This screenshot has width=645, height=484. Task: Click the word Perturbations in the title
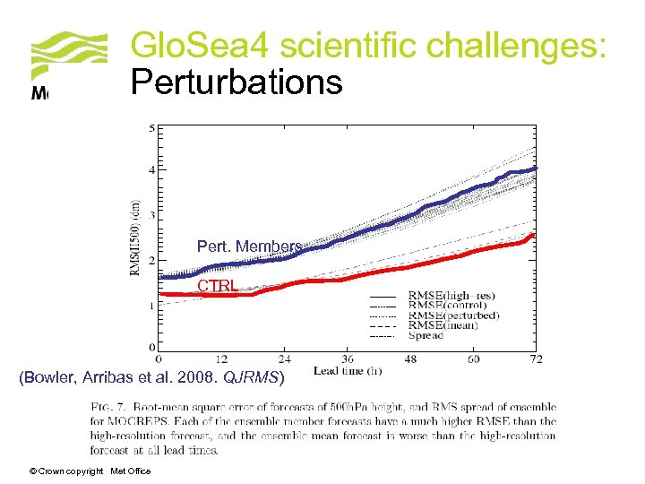tap(236, 82)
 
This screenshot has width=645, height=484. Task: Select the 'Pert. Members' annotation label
tap(249, 246)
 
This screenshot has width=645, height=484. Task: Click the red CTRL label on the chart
tap(218, 286)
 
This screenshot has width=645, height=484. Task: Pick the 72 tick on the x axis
tap(536, 359)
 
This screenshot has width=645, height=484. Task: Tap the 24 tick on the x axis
tap(285, 359)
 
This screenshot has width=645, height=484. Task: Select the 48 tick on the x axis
tap(410, 359)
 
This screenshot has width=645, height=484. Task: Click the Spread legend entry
tap(426, 336)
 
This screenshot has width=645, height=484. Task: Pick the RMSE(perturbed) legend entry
tap(453, 315)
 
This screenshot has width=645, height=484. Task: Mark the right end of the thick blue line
tap(536, 168)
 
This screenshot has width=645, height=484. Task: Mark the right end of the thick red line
tap(535, 236)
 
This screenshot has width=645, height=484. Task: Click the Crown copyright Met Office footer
tap(90, 471)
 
